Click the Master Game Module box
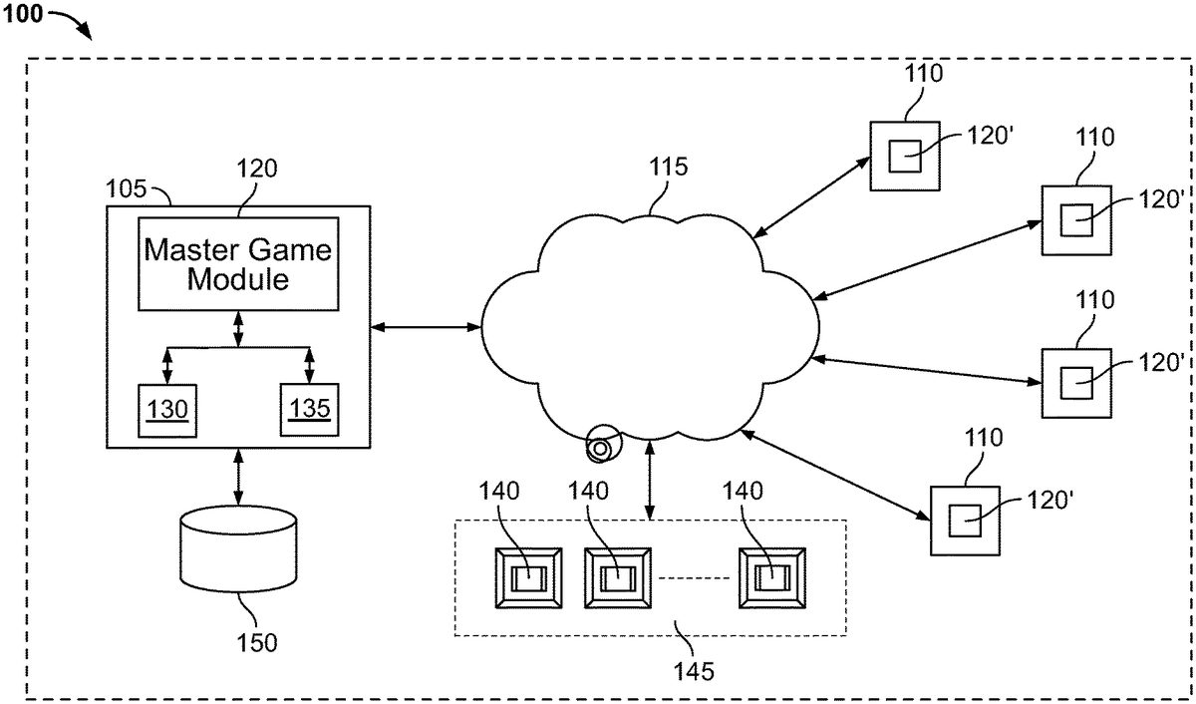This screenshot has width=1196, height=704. (x=238, y=262)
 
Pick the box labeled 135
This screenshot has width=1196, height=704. (x=309, y=408)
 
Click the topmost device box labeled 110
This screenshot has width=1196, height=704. (x=904, y=155)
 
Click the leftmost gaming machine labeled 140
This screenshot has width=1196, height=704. (x=528, y=577)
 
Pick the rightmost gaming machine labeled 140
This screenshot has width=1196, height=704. (x=770, y=577)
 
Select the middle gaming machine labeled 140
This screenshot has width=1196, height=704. (x=617, y=577)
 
